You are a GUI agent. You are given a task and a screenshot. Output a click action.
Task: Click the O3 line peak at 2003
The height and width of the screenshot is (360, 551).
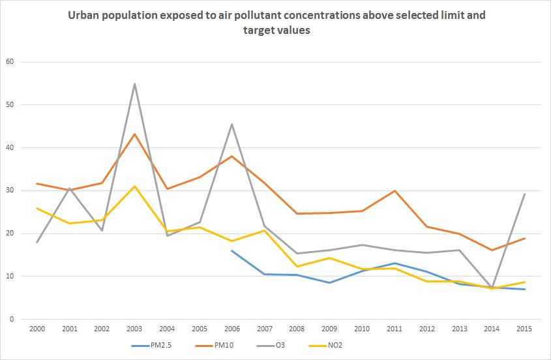pyautogui.click(x=135, y=83)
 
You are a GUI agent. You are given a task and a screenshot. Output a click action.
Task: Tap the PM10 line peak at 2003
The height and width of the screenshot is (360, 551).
pyautogui.click(x=135, y=134)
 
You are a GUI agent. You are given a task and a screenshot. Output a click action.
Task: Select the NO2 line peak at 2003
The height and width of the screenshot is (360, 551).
pyautogui.click(x=135, y=187)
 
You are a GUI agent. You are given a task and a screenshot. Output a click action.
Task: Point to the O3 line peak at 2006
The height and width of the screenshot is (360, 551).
pyautogui.click(x=232, y=124)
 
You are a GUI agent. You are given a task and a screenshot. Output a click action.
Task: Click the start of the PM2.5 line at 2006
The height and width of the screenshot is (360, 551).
pyautogui.click(x=232, y=250)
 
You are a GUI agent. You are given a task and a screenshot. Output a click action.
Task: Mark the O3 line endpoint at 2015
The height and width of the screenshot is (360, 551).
pyautogui.click(x=524, y=194)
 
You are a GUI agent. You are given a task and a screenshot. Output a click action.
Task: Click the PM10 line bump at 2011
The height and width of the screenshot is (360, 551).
pyautogui.click(x=395, y=191)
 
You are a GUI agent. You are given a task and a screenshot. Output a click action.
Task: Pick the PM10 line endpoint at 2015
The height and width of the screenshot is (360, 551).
pyautogui.click(x=524, y=239)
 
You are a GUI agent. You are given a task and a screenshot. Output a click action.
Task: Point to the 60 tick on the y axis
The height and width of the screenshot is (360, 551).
pyautogui.click(x=10, y=62)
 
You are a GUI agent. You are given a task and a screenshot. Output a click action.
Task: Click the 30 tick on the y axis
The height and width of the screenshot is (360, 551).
pyautogui.click(x=10, y=190)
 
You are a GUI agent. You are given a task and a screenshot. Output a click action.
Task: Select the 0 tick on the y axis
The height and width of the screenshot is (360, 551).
pyautogui.click(x=12, y=319)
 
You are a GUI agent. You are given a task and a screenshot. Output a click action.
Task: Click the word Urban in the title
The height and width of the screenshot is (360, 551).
pyautogui.click(x=83, y=15)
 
